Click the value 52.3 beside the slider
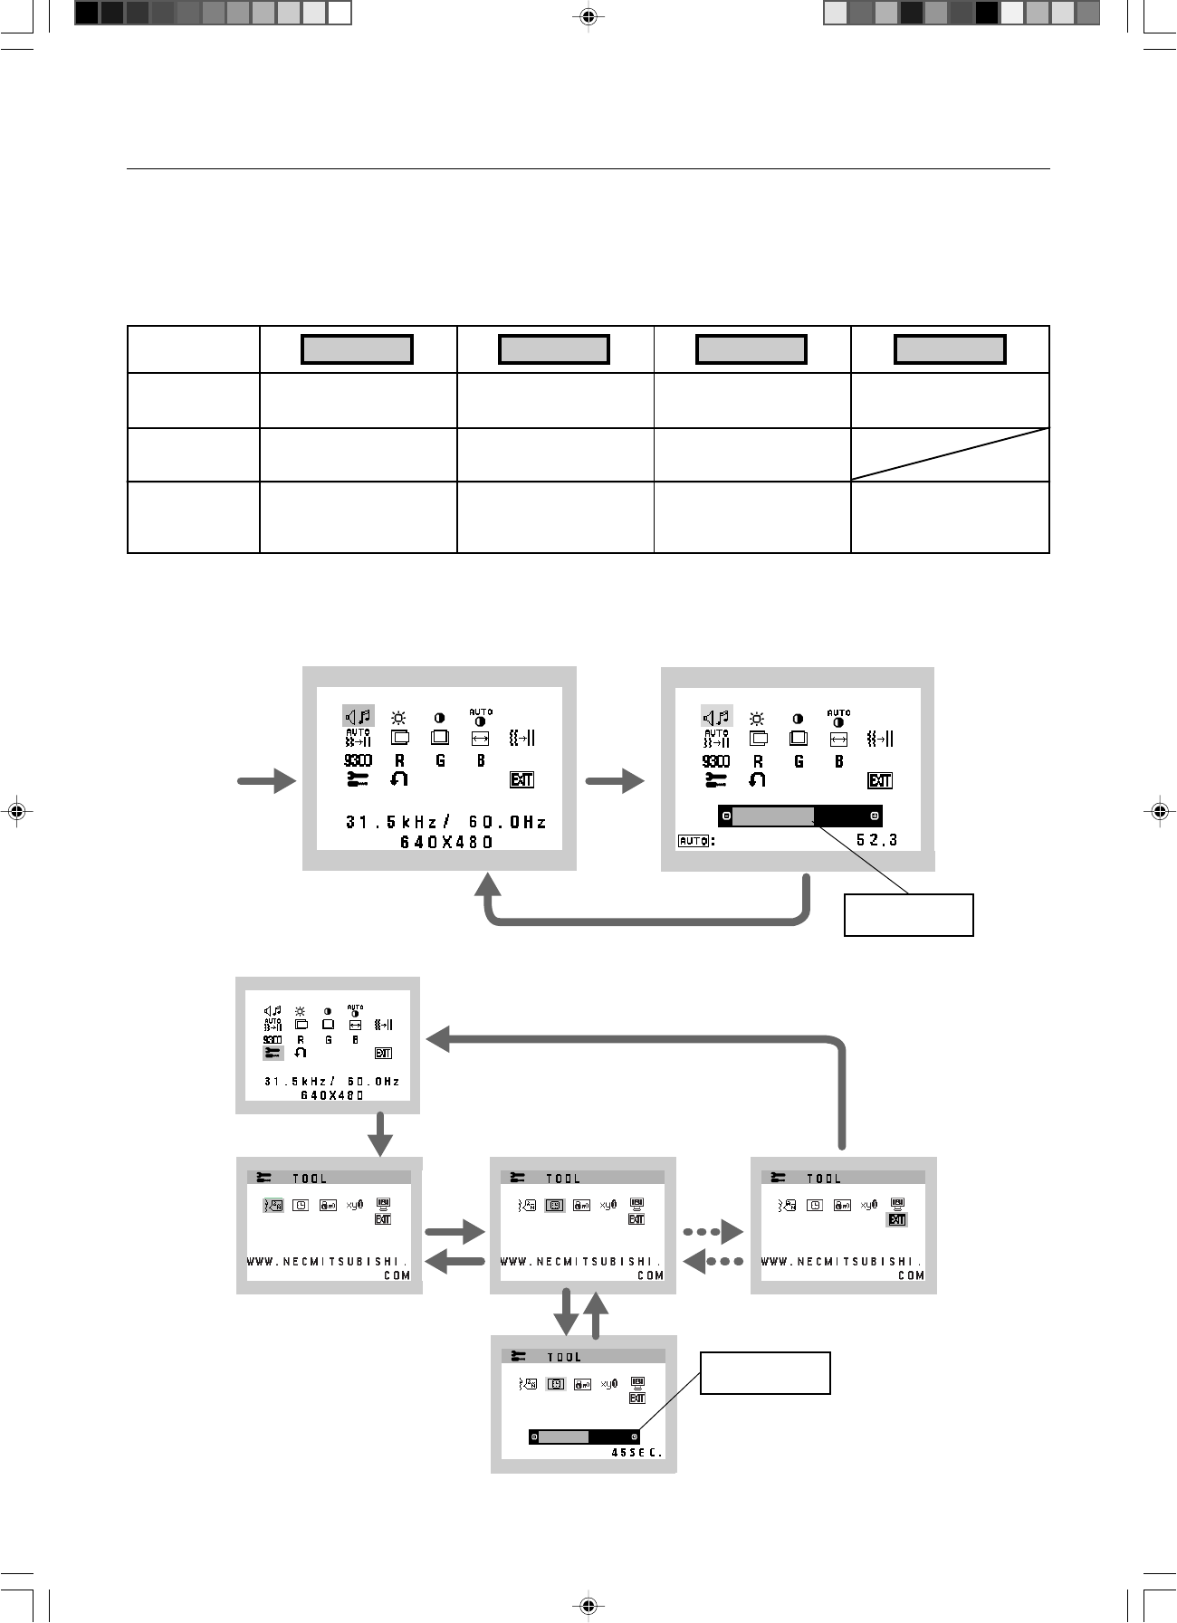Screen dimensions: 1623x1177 tap(876, 840)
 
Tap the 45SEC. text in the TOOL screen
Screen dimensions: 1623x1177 tap(637, 1452)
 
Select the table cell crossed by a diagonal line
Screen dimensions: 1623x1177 tap(950, 454)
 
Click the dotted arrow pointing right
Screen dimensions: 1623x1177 tap(713, 1232)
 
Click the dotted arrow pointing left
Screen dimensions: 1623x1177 tap(713, 1261)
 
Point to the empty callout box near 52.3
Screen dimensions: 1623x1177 tap(908, 914)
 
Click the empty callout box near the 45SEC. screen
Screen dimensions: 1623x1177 tap(766, 1372)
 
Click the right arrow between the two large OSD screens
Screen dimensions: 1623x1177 tap(616, 781)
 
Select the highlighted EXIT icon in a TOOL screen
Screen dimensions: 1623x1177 tap(896, 1219)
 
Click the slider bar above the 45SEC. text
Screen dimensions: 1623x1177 tap(584, 1437)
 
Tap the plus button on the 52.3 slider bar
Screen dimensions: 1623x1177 tap(874, 816)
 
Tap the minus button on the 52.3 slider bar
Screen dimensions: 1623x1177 tap(726, 816)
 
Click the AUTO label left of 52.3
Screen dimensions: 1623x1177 tap(693, 841)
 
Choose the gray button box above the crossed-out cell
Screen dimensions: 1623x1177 tap(950, 349)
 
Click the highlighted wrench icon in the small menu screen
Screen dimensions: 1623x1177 tap(273, 1053)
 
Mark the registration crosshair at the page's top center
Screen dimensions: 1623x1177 tap(588, 15)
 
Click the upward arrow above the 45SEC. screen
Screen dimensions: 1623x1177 tap(596, 1315)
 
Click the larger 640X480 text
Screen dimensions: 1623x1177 tap(446, 842)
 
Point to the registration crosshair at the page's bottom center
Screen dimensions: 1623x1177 tap(588, 1605)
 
